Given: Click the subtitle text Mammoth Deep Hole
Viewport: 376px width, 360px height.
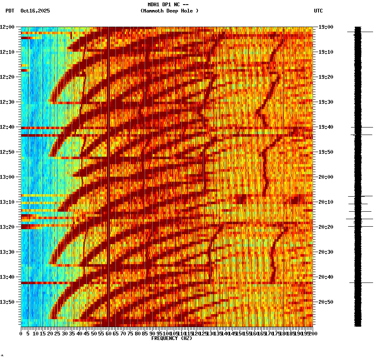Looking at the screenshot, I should [x=169, y=11].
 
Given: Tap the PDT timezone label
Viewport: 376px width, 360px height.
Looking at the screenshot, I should [x=10, y=11].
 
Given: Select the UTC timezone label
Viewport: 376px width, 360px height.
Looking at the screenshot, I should [x=318, y=11].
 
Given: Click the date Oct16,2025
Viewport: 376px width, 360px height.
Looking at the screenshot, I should [x=35, y=11].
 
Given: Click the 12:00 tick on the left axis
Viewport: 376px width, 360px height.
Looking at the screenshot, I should [x=8, y=27].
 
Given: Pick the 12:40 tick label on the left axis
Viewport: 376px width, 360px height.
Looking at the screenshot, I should [x=8, y=127].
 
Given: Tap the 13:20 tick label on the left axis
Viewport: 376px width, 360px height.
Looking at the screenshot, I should [x=8, y=227].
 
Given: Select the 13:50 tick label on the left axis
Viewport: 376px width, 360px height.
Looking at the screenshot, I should [x=8, y=302].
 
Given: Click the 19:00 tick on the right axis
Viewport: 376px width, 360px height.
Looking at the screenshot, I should [x=326, y=27].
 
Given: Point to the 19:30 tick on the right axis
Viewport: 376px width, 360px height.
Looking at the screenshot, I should [x=326, y=102].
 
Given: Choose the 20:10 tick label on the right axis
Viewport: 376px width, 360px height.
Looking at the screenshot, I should [x=326, y=202].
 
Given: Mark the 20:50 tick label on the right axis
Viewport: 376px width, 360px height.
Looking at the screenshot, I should [x=326, y=302].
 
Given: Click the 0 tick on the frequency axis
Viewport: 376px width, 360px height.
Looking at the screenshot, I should [x=21, y=334].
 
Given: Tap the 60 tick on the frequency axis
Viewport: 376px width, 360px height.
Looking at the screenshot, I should [x=108, y=334].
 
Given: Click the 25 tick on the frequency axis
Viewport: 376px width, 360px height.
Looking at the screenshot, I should [x=57, y=334].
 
